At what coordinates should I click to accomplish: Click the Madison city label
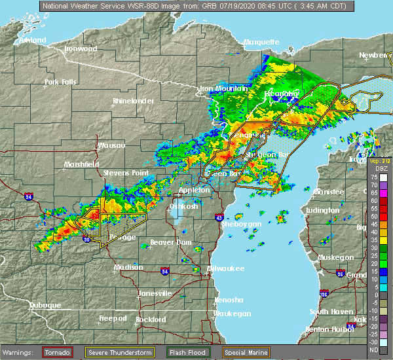coord(128,267)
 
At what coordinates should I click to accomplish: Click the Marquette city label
coord(261,42)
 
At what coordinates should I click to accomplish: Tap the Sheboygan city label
coord(242,224)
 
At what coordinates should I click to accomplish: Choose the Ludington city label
coord(322,210)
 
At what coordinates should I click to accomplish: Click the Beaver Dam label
coord(170,242)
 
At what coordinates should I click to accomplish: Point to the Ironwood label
coord(81,48)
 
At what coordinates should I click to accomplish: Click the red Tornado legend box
coord(57,352)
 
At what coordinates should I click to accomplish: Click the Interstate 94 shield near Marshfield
coord(29,195)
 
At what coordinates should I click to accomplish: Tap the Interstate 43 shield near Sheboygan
coord(219,217)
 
